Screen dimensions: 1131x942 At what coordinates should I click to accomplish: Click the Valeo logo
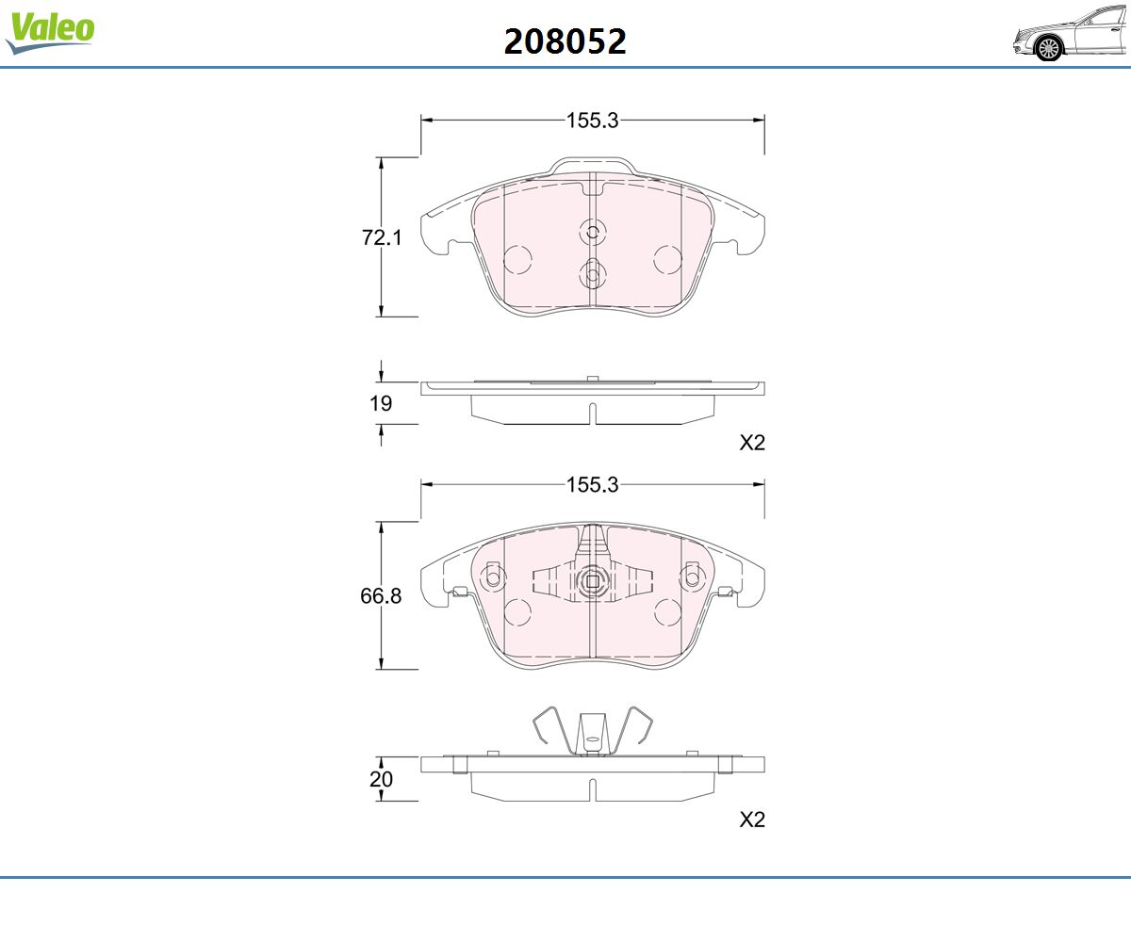pos(50,32)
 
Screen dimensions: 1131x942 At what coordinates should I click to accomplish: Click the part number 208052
pos(565,41)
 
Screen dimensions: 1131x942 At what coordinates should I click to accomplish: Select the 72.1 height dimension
pos(382,237)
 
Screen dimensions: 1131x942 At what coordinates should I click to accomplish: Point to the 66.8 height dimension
pos(381,595)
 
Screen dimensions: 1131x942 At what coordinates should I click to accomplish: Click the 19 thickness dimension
pos(381,403)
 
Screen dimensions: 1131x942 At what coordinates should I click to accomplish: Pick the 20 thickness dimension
pos(381,779)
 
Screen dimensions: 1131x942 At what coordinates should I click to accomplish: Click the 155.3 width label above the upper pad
pos(592,121)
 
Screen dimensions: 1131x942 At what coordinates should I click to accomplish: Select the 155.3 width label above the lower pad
pos(592,484)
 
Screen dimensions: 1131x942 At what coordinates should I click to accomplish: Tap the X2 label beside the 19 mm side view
pos(752,443)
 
